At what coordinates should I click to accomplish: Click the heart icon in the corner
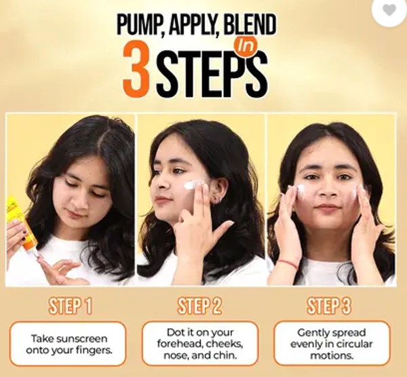[389, 10]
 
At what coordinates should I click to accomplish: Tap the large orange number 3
[137, 69]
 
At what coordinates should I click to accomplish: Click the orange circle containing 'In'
[246, 46]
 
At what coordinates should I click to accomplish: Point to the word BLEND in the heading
[250, 25]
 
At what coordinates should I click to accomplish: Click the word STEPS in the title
[211, 73]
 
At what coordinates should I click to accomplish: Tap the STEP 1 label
[70, 306]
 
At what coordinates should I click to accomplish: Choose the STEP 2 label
[199, 306]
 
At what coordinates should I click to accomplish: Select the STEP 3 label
[329, 306]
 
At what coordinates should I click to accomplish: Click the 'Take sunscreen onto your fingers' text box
[68, 344]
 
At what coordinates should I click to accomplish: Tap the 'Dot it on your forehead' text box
[200, 344]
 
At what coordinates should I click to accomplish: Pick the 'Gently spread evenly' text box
[332, 344]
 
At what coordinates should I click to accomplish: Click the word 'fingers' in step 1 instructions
[94, 351]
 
